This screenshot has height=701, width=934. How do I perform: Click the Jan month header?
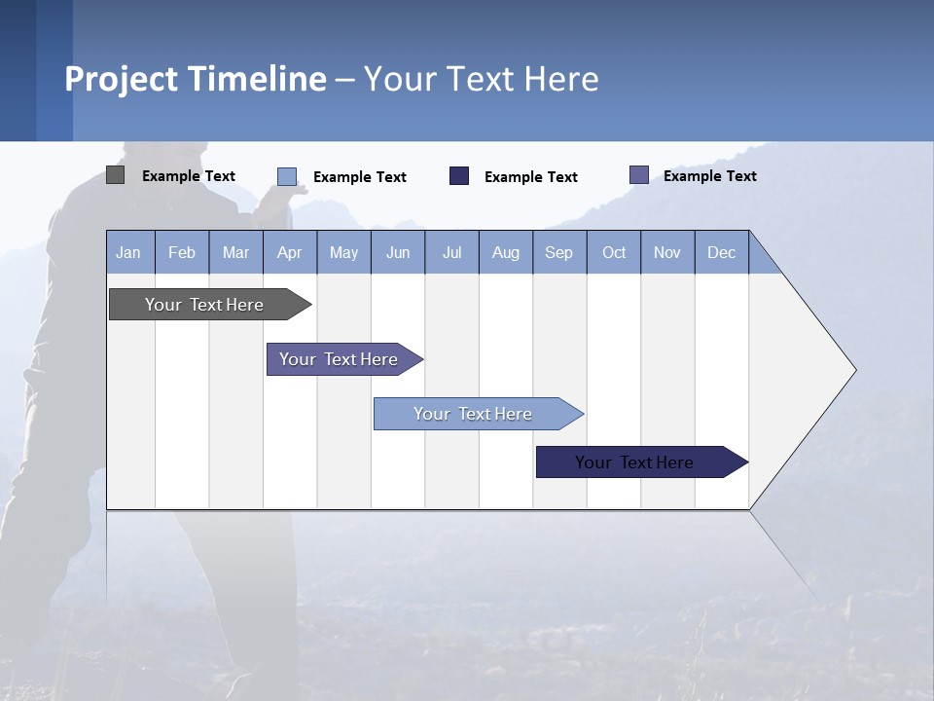click(x=128, y=252)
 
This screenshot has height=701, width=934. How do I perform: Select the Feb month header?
click(x=182, y=252)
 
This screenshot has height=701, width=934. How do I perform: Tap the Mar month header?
click(x=235, y=252)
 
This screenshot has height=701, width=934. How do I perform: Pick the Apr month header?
click(x=290, y=252)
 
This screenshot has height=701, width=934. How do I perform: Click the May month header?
click(x=343, y=252)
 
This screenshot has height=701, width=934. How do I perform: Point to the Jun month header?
click(x=398, y=252)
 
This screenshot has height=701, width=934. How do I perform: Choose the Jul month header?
click(x=451, y=252)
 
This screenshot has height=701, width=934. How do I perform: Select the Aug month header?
click(x=506, y=252)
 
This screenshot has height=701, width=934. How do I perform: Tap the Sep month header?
click(x=559, y=252)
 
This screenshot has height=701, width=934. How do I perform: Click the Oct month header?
click(x=614, y=252)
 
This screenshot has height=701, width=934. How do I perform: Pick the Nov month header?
click(x=667, y=252)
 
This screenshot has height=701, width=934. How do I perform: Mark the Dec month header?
click(x=722, y=252)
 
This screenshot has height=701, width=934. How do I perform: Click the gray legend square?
click(x=115, y=175)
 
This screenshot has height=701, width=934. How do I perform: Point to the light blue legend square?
click(x=287, y=176)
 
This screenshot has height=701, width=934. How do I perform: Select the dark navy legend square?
click(x=459, y=175)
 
